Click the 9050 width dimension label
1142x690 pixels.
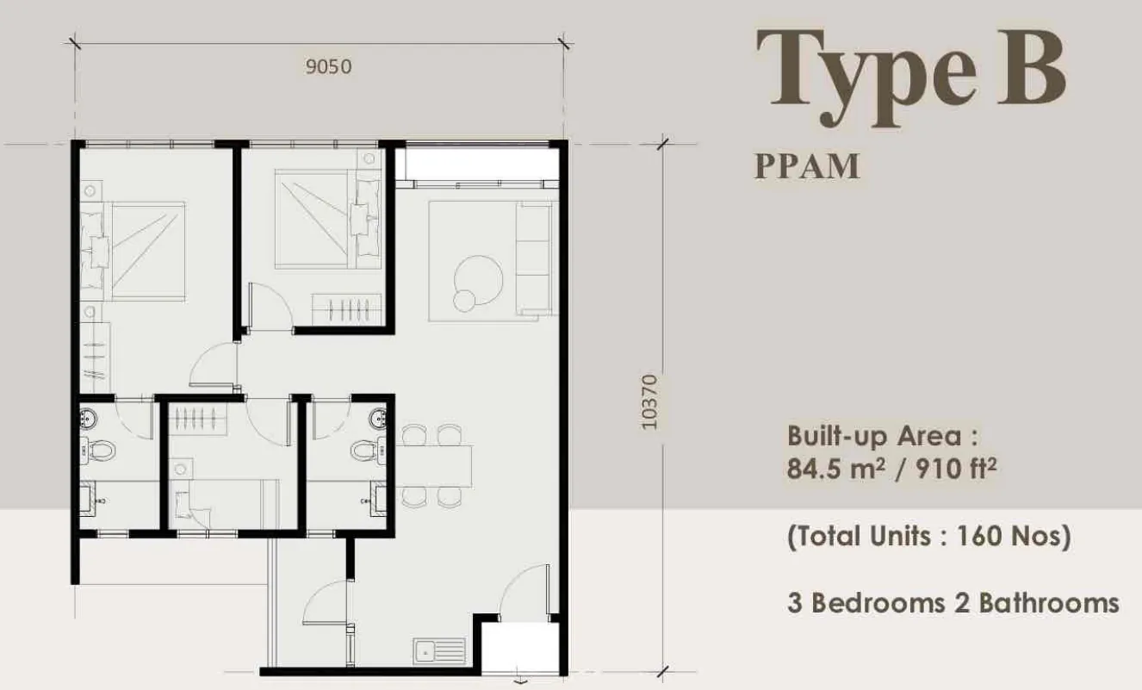click(328, 67)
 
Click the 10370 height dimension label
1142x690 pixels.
click(649, 402)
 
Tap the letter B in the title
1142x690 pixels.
click(1031, 68)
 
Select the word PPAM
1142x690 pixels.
click(807, 166)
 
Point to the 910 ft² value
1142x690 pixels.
click(956, 469)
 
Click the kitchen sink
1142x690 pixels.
click(439, 651)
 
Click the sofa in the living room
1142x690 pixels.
click(534, 258)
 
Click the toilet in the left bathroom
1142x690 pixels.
click(98, 451)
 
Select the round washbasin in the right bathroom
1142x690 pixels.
click(377, 419)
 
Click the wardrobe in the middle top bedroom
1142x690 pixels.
click(347, 309)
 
